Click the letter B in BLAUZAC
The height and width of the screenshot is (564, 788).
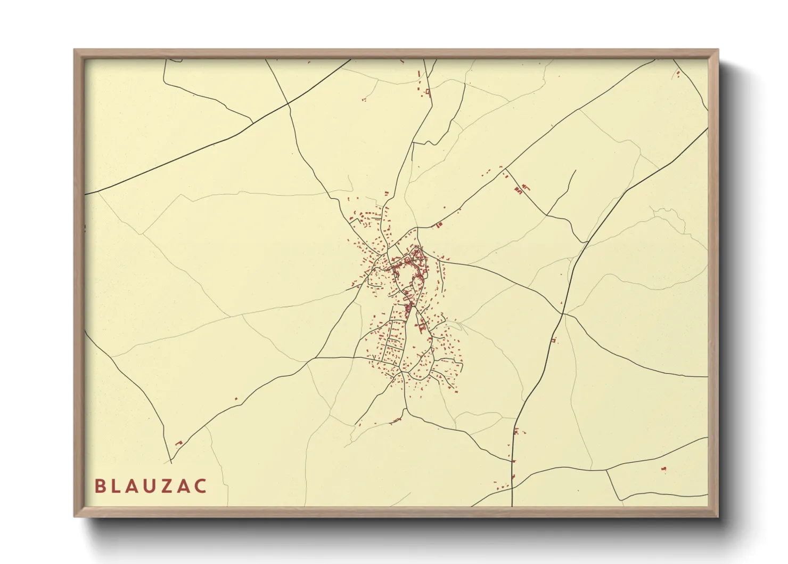pos(100,486)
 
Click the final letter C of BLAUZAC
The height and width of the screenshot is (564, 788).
pos(201,486)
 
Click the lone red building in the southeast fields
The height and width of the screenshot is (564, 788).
pos(664,469)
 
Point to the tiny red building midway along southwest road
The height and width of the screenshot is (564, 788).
pos(236,398)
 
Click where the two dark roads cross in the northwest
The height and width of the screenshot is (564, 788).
pos(288,104)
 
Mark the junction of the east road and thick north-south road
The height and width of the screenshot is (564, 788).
pos(562,313)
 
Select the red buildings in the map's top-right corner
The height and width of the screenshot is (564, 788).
pos(678,74)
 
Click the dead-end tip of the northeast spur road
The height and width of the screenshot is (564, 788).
pos(576,171)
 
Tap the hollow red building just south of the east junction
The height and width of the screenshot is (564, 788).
pos(554,340)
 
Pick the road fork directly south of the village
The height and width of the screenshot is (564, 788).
pos(405,409)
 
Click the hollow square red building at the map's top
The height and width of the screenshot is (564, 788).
pos(428,93)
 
